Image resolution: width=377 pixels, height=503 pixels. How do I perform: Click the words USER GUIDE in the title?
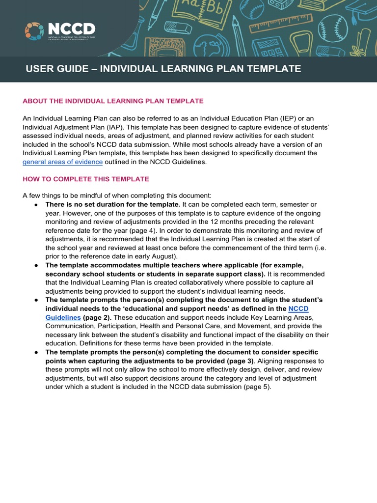point(54,69)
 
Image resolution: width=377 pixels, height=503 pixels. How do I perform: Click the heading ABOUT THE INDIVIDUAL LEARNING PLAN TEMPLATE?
point(113,101)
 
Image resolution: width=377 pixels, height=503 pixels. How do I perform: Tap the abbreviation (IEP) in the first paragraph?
point(289,118)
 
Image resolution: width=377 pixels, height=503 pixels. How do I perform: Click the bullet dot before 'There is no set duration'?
point(36,204)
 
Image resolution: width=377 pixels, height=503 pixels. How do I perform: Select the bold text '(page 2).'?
point(97,317)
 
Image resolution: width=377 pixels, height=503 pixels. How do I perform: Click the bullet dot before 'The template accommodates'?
point(36,266)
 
